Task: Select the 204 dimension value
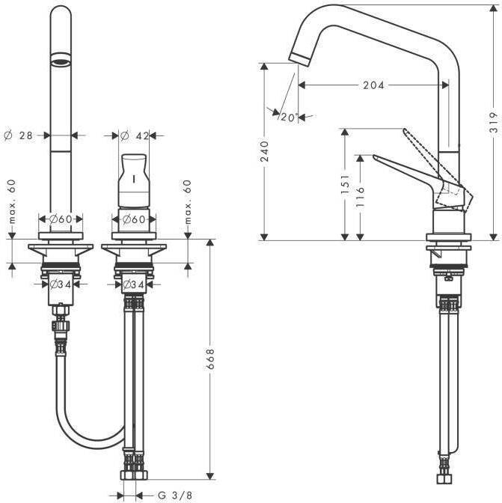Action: pos(373,85)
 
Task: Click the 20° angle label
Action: pos(289,117)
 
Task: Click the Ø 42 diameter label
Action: pos(135,135)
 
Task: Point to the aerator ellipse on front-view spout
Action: pos(61,58)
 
